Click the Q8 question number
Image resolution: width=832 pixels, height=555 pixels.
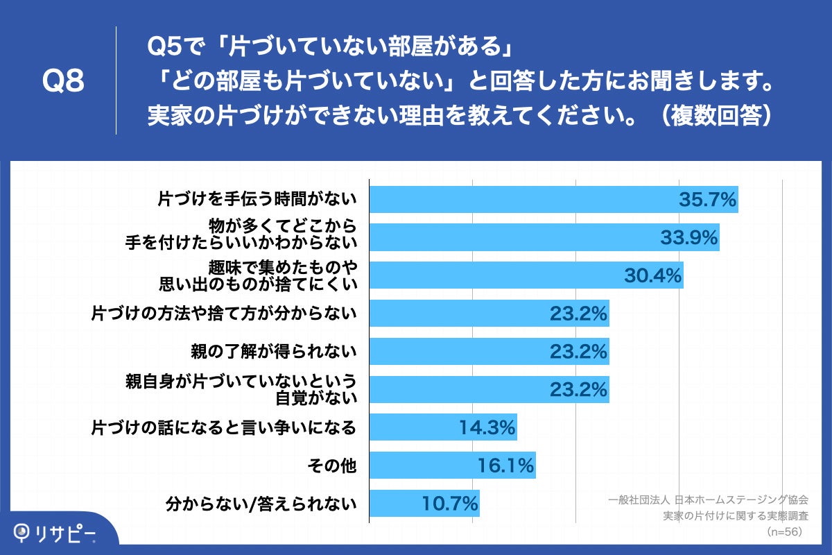(63, 82)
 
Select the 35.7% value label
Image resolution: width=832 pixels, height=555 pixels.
(707, 200)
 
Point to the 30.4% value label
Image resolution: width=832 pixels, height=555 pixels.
(652, 276)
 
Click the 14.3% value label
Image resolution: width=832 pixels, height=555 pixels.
(487, 428)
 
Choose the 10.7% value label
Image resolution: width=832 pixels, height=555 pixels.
(450, 503)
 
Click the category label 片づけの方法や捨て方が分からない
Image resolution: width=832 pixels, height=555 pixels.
(224, 314)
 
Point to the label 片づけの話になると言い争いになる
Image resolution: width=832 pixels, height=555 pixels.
(224, 427)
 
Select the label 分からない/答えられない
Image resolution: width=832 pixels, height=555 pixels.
(261, 503)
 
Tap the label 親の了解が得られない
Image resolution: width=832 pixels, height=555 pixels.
(274, 352)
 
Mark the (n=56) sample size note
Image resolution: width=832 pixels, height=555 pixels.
(783, 531)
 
